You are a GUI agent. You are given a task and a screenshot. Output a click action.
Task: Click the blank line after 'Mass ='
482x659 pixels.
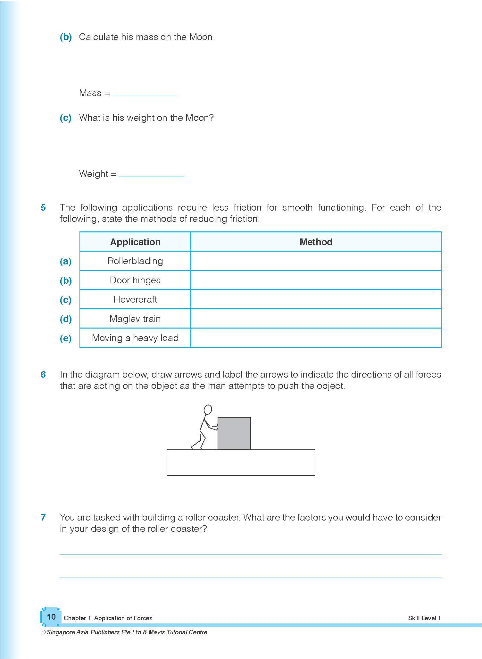[145, 94]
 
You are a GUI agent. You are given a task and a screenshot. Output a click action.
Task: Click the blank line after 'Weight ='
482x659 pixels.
[151, 175]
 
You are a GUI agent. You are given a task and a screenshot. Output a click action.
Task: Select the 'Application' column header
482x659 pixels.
[135, 242]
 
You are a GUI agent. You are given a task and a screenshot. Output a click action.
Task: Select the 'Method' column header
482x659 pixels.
[316, 242]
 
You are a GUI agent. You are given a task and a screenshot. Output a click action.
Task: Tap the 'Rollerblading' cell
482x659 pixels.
[135, 261]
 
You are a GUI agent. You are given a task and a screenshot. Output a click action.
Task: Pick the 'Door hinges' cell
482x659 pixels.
[135, 280]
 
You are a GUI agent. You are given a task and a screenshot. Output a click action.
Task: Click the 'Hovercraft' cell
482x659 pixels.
[135, 299]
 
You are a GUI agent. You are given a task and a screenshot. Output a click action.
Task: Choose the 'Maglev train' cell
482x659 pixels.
[135, 319]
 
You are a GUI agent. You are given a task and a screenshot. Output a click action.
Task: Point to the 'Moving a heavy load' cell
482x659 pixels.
[135, 338]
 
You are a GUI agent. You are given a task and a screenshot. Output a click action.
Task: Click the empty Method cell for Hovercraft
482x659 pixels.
[316, 299]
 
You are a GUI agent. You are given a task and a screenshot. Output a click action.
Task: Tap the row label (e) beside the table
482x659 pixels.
[66, 338]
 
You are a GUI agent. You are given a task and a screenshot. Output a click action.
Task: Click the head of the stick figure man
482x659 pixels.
[208, 409]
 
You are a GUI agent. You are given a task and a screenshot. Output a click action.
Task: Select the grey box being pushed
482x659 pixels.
[234, 433]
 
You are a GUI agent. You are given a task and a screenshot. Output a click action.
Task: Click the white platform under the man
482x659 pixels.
[241, 463]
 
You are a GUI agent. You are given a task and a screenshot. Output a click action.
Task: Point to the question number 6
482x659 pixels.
[43, 375]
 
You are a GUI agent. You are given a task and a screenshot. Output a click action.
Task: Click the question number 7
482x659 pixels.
[43, 518]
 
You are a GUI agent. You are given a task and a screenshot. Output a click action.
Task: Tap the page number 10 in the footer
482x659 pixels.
[51, 616]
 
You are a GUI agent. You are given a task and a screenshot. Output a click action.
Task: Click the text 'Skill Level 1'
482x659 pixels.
[424, 618]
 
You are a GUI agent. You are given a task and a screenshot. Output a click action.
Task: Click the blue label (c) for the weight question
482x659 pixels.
[66, 118]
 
